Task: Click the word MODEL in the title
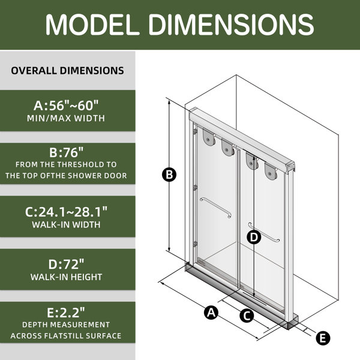click(92, 25)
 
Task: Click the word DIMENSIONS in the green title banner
click(231, 25)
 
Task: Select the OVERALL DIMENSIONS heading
click(67, 70)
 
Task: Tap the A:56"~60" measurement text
click(66, 106)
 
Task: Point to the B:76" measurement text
click(67, 152)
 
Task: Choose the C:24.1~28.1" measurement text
click(66, 212)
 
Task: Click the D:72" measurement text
click(67, 264)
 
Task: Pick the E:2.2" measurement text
click(66, 313)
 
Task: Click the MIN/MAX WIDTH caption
click(66, 118)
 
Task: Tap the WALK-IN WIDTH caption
click(67, 224)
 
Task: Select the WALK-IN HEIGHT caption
click(67, 277)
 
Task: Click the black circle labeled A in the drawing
click(211, 313)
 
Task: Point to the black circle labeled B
click(169, 175)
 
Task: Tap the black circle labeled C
click(247, 316)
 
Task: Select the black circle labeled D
click(254, 237)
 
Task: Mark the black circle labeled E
click(323, 338)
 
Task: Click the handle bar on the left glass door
click(215, 208)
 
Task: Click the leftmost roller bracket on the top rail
click(209, 137)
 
